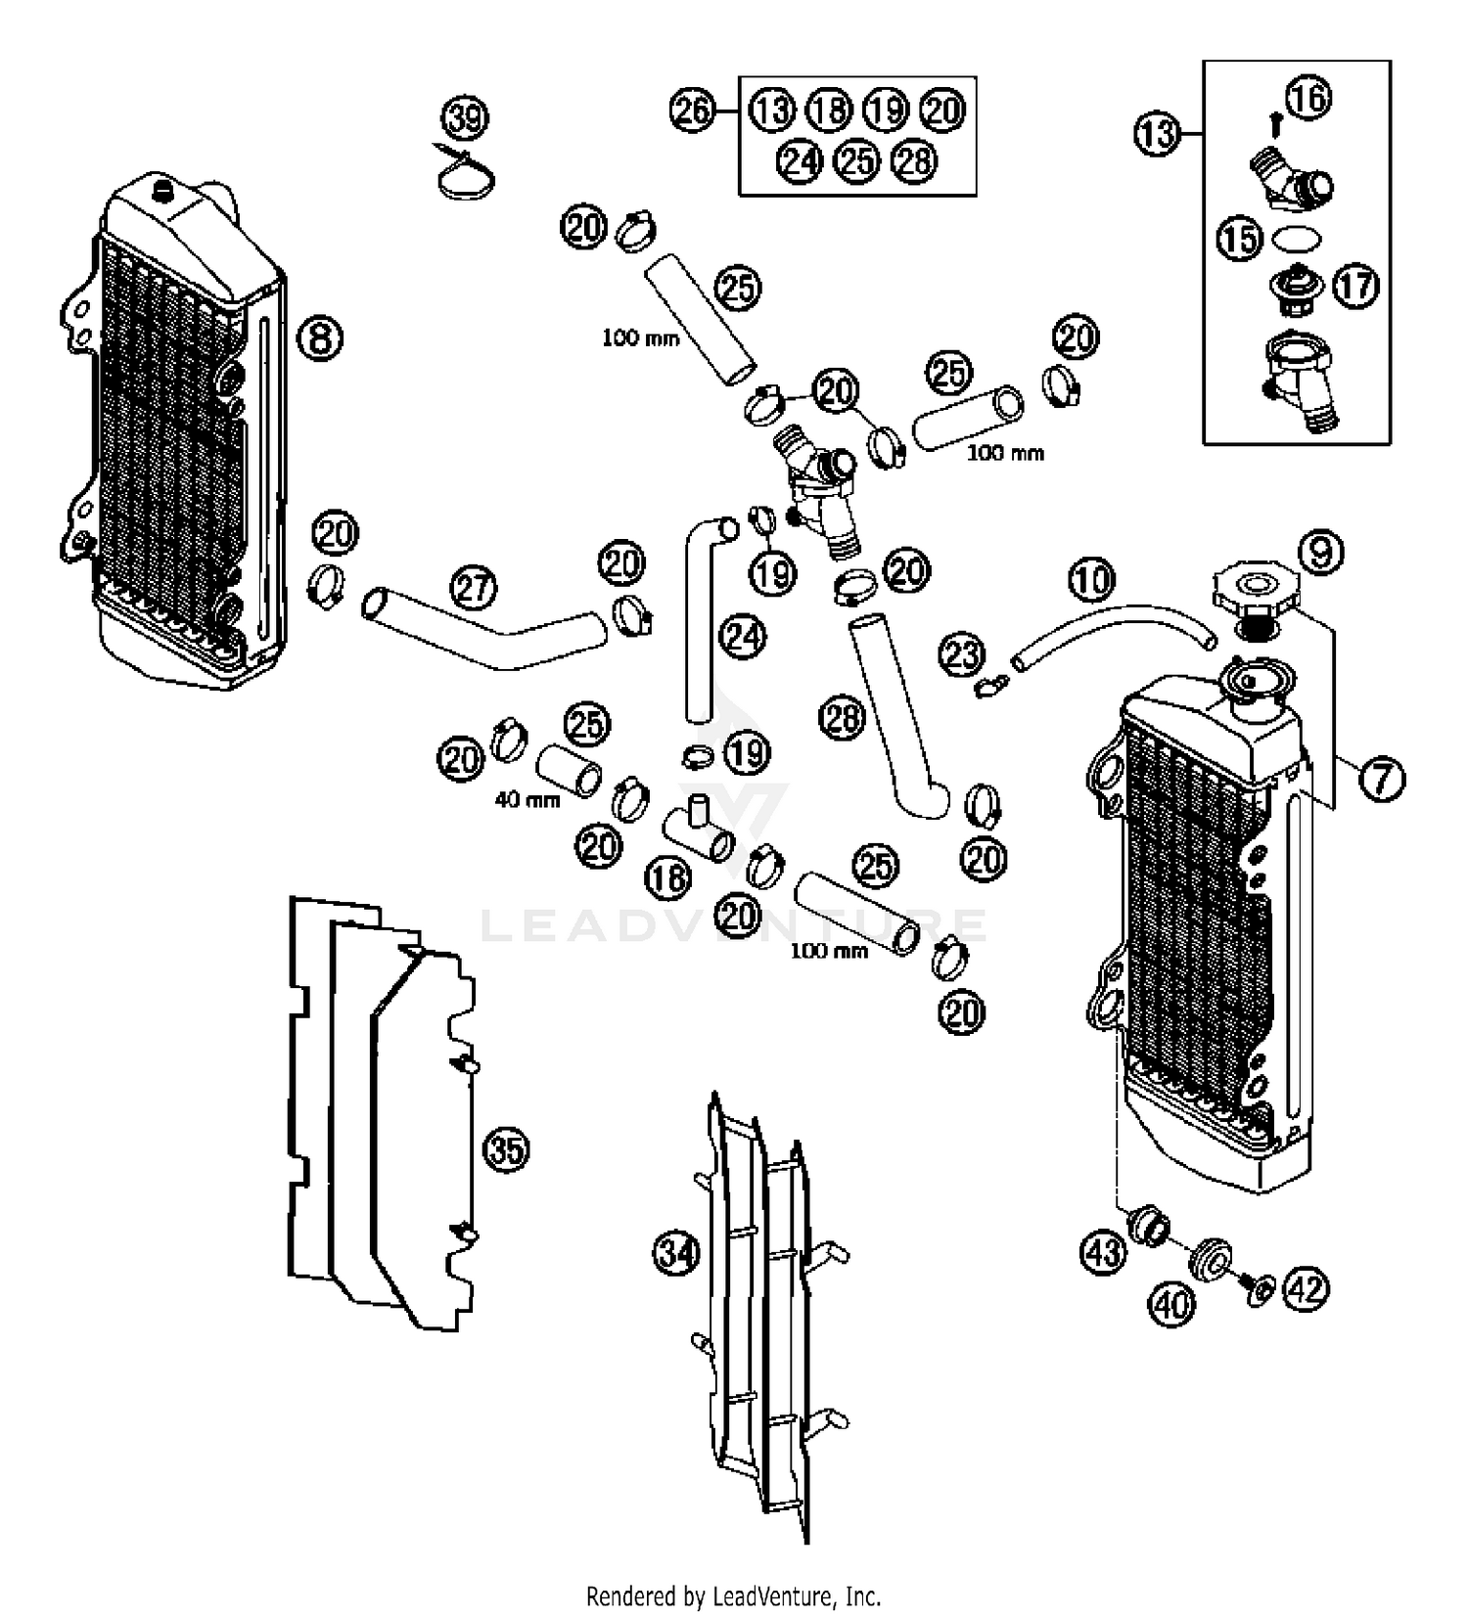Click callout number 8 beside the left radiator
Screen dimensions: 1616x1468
[x=320, y=338]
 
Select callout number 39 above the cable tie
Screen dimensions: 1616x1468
[x=465, y=118]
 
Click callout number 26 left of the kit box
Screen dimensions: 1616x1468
[x=693, y=110]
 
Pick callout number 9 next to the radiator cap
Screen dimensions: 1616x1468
[x=1320, y=553]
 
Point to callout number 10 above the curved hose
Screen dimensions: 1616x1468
[x=1091, y=579]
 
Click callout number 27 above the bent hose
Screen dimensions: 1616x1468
[x=474, y=589]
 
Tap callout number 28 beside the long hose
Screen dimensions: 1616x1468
[x=843, y=719]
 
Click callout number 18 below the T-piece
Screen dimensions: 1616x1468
[x=668, y=877]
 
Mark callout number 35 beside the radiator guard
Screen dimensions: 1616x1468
[x=507, y=1149]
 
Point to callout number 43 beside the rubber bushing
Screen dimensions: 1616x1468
[x=1104, y=1251]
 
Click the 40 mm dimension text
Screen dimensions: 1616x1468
[x=527, y=799]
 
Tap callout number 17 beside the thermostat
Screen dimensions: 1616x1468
[x=1355, y=286]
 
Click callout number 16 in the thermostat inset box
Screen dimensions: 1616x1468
[x=1309, y=97]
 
